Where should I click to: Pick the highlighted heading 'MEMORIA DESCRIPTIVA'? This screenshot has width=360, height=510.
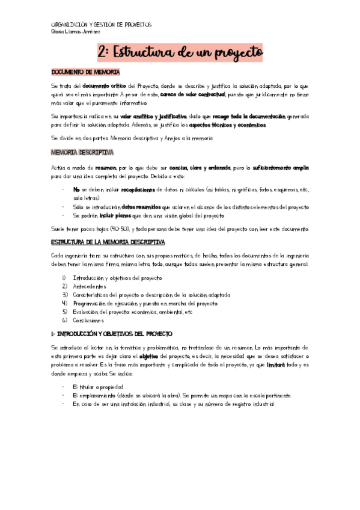[83, 153]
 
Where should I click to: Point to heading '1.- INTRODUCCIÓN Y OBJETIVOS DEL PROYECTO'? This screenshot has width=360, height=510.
[112, 333]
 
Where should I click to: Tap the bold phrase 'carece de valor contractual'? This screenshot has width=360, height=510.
[193, 94]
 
